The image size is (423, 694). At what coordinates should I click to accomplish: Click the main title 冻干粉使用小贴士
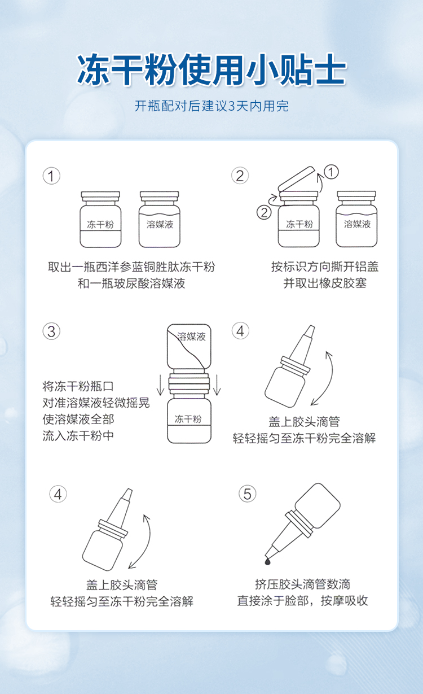click(211, 69)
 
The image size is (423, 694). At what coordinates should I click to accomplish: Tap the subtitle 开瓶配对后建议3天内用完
click(211, 106)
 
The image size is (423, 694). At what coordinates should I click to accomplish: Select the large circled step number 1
click(51, 176)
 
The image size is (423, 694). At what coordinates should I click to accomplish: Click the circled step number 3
click(51, 331)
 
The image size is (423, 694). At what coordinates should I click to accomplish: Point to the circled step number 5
click(247, 494)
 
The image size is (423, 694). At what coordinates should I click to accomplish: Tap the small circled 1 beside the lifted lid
click(331, 172)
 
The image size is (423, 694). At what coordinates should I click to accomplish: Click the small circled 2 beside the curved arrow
click(264, 212)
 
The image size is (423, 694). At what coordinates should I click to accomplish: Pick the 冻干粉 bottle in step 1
click(100, 219)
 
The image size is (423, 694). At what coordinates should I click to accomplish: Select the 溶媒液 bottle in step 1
click(160, 219)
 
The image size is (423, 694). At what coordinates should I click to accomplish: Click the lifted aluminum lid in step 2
click(297, 180)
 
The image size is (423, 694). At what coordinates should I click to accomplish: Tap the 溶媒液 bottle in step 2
click(356, 219)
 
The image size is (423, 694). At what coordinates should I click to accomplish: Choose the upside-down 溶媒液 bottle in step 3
click(189, 346)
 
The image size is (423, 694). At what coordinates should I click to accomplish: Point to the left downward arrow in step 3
click(160, 385)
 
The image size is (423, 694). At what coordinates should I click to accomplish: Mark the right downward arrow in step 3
click(217, 385)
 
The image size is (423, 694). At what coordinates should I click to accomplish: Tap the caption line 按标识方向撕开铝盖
click(325, 267)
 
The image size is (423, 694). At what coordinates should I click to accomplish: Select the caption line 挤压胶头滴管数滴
click(303, 584)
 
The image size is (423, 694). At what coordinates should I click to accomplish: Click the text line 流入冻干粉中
click(78, 435)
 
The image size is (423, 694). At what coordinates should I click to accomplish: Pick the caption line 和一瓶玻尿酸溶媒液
click(131, 283)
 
